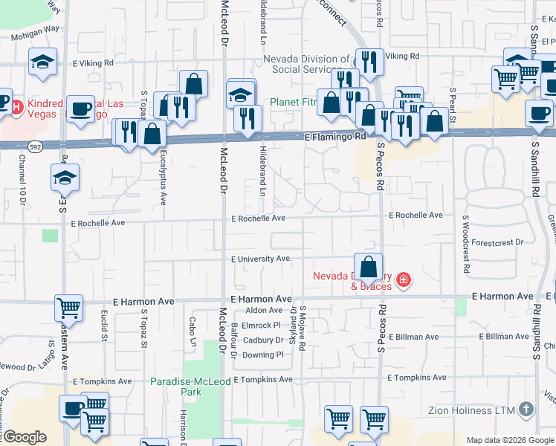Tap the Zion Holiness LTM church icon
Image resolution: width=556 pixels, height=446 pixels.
[x=526, y=409]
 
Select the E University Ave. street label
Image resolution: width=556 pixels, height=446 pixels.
[x=261, y=259]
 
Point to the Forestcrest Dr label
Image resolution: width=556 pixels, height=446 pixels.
[x=497, y=242]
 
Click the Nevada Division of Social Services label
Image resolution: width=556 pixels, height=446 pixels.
[x=307, y=64]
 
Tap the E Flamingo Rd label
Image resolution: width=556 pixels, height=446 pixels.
[x=335, y=137]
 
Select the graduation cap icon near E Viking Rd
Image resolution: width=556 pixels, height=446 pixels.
[x=42, y=62]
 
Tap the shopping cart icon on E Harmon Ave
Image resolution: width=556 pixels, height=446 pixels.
[x=68, y=307]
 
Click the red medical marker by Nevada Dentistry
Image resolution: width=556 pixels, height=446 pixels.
[x=403, y=280]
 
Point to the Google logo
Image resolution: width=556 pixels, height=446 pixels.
[x=25, y=437]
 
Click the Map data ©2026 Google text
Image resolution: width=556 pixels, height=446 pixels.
[x=510, y=440]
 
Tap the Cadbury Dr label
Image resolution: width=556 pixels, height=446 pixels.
[x=264, y=340]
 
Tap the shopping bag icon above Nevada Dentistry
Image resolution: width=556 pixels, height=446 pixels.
[x=368, y=266]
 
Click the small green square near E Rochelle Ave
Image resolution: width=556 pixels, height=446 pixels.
[x=50, y=236]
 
